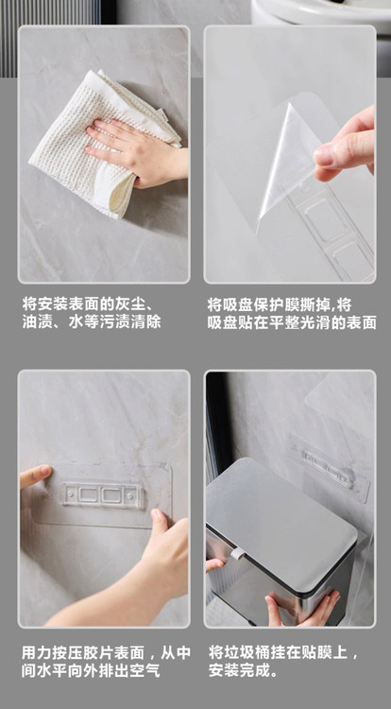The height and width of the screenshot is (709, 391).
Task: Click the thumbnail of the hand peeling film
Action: (x=290, y=154)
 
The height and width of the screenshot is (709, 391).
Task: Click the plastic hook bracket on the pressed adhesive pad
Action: (x=103, y=494)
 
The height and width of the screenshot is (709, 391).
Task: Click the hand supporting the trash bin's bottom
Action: (x=302, y=607)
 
